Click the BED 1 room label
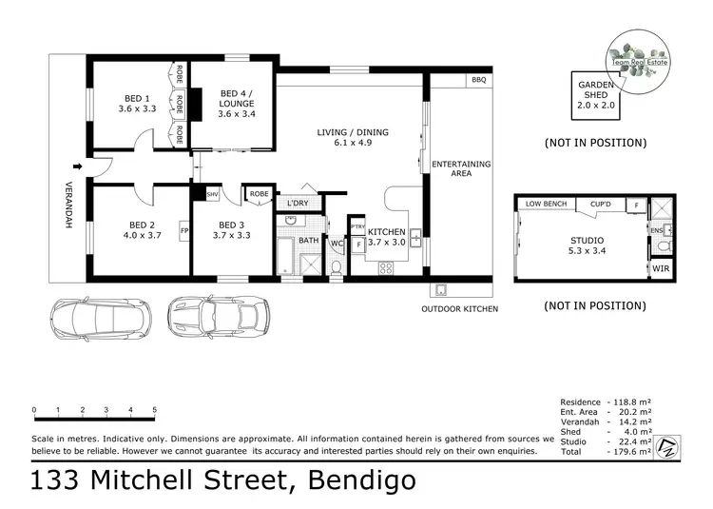tap(137, 98)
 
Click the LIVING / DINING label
tap(353, 132)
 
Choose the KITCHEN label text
tap(387, 232)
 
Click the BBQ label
tap(478, 81)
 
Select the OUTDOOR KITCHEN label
tap(460, 309)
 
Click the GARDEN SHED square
tap(596, 95)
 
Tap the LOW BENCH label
tap(546, 204)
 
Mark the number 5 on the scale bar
tap(155, 411)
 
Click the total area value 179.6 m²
tap(630, 453)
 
